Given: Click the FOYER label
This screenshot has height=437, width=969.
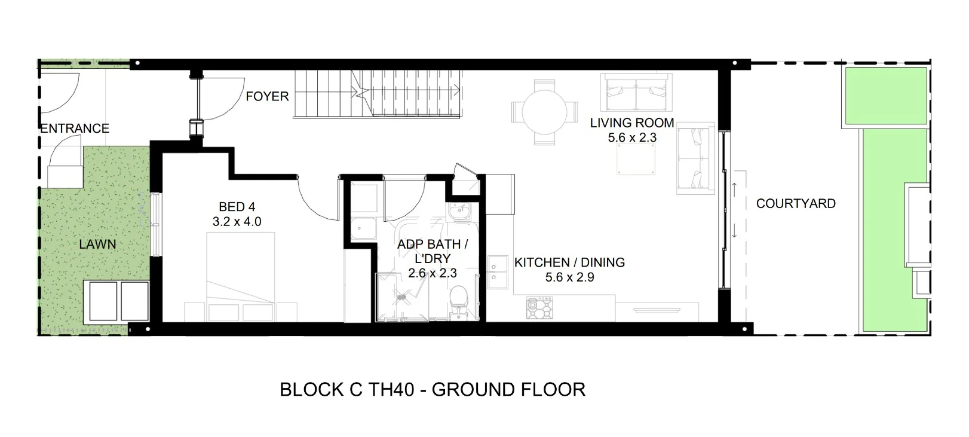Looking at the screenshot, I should (x=267, y=96).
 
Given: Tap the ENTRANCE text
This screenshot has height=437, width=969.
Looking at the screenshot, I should (x=75, y=129).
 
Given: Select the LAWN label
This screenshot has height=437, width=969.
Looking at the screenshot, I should (x=97, y=244).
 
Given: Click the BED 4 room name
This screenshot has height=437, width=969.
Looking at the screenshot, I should (x=237, y=207).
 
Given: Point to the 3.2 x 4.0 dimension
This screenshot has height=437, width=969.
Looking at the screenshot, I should (x=237, y=222).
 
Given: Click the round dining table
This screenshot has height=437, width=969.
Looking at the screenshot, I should (x=544, y=112).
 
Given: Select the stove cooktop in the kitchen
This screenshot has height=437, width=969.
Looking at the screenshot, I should (x=540, y=308).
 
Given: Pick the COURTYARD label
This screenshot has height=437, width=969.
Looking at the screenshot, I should (x=795, y=203).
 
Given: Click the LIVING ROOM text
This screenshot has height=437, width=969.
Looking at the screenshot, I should (x=631, y=123).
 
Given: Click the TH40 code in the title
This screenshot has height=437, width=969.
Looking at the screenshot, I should (x=391, y=390).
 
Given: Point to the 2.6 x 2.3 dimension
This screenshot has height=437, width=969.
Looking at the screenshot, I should (x=432, y=273).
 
